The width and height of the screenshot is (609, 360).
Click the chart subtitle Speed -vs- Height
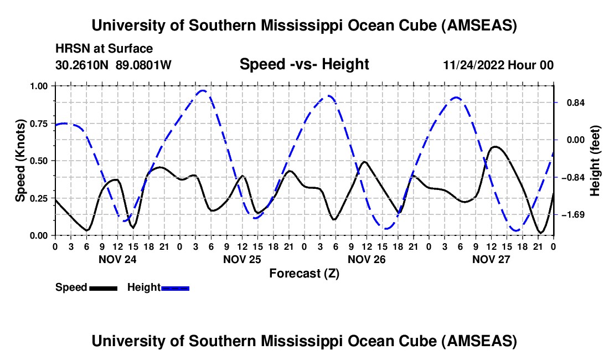pyautogui.click(x=304, y=64)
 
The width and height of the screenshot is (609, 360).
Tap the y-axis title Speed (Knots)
pyautogui.click(x=20, y=161)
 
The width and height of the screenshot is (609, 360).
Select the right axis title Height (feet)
pyautogui.click(x=595, y=161)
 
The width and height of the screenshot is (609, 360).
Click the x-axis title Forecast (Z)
pyautogui.click(x=304, y=274)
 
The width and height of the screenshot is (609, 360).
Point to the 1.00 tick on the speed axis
pyautogui.click(x=38, y=86)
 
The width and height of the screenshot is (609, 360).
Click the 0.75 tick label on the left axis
pyautogui.click(x=38, y=124)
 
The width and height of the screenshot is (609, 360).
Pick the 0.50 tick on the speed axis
pyautogui.click(x=38, y=161)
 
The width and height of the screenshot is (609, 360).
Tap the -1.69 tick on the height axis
pyautogui.click(x=575, y=215)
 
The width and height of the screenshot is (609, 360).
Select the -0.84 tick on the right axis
pyautogui.click(x=575, y=177)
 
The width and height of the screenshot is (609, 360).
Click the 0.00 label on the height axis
pyautogui.click(x=576, y=140)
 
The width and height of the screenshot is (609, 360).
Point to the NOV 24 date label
pyautogui.click(x=117, y=259)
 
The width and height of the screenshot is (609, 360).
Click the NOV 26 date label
pyautogui.click(x=367, y=259)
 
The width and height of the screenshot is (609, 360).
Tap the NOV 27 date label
pyautogui.click(x=491, y=259)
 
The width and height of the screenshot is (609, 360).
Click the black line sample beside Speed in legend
pyautogui.click(x=104, y=288)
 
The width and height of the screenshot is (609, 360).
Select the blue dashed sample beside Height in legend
pyautogui.click(x=175, y=288)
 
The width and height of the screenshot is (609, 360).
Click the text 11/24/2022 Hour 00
pyautogui.click(x=498, y=65)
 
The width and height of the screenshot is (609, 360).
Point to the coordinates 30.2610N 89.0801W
pyautogui.click(x=113, y=65)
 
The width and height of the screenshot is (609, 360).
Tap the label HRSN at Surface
pyautogui.click(x=104, y=49)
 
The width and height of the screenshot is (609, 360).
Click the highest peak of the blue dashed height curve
pyautogui.click(x=203, y=91)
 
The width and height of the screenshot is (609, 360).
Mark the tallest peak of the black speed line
pyautogui.click(x=494, y=147)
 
